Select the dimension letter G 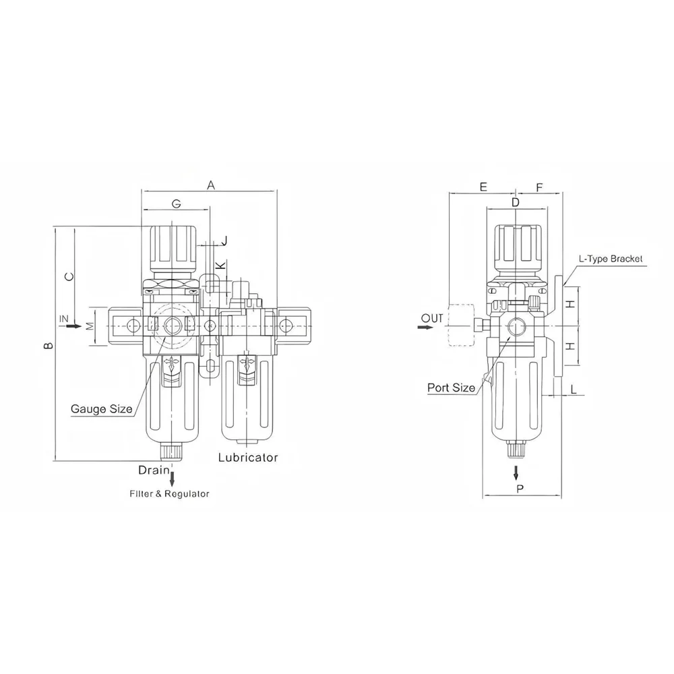click(x=176, y=204)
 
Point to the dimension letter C click(x=69, y=276)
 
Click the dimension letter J click(x=224, y=241)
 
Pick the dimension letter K click(x=220, y=265)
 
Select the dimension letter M click(x=90, y=326)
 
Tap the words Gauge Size click(x=102, y=408)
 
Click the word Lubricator click(x=248, y=457)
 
